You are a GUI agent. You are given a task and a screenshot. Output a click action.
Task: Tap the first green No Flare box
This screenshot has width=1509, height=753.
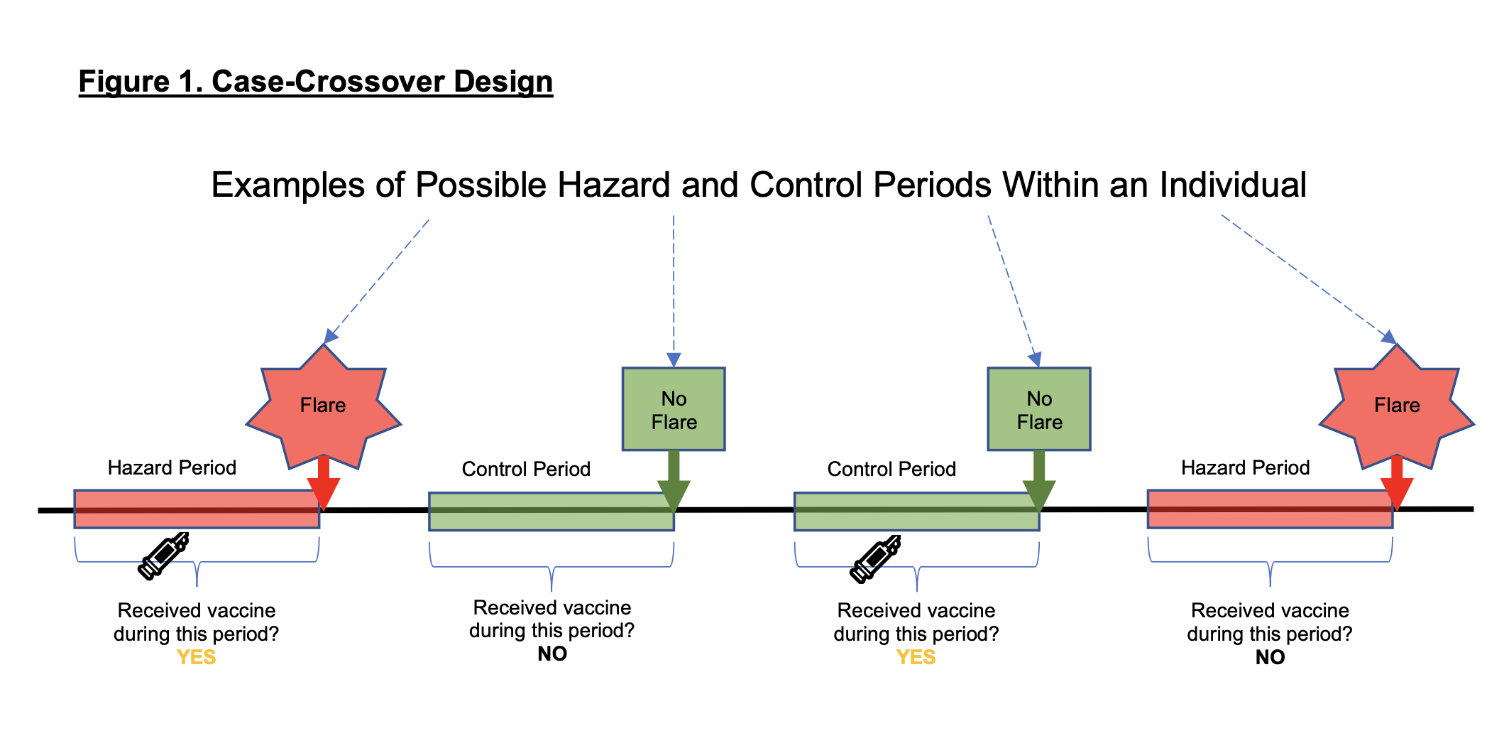(x=674, y=409)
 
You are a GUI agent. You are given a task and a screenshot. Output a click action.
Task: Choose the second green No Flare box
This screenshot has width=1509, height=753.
(x=1039, y=409)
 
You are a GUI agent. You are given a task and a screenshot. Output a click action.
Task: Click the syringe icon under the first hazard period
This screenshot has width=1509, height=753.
(x=164, y=556)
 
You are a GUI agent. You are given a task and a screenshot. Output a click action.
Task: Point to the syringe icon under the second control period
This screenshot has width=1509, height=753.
(x=876, y=559)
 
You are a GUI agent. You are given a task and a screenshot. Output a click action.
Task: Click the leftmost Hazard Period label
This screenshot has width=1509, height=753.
(x=172, y=467)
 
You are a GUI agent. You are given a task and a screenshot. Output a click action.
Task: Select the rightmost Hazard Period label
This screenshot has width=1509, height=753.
(x=1245, y=467)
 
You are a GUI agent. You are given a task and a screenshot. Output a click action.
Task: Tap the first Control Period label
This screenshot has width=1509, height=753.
(x=526, y=469)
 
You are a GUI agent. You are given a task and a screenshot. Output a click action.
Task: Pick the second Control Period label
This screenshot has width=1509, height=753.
(x=891, y=469)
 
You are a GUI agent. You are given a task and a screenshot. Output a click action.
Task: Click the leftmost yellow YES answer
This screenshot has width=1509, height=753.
(x=196, y=657)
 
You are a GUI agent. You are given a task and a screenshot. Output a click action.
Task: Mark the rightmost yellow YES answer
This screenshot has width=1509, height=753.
(x=916, y=657)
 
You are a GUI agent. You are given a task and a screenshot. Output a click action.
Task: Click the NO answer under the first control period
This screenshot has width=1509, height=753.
(x=552, y=654)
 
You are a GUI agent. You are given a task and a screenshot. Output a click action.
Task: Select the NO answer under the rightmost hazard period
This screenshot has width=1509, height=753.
(x=1270, y=657)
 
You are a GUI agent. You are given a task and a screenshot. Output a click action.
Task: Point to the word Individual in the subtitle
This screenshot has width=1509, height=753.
(x=1233, y=185)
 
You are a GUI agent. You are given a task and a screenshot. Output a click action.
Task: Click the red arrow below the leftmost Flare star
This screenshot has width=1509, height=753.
(x=324, y=483)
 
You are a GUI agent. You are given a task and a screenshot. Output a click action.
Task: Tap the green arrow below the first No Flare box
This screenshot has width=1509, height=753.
(x=674, y=482)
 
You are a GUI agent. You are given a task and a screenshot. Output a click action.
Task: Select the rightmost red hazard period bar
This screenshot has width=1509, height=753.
(x=1270, y=509)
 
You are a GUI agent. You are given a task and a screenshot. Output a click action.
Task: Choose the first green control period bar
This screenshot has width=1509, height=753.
(x=552, y=511)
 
